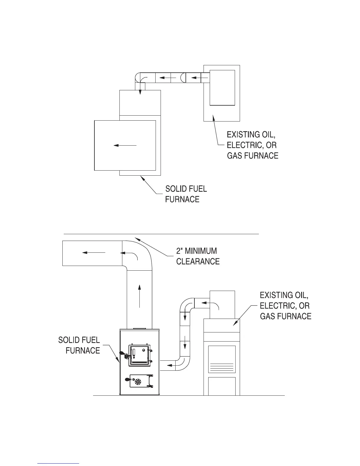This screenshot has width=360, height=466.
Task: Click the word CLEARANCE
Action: (x=198, y=261)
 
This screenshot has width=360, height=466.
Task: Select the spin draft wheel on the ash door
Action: (x=138, y=382)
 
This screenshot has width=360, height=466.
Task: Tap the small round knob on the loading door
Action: (x=144, y=350)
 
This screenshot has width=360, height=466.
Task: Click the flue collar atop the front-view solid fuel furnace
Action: (x=139, y=328)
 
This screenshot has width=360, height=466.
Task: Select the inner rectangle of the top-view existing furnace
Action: (x=222, y=87)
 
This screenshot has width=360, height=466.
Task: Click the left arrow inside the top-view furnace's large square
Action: (x=125, y=145)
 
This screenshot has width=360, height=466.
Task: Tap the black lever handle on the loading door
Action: (x=121, y=353)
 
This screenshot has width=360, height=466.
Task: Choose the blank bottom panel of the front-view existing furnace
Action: (x=222, y=386)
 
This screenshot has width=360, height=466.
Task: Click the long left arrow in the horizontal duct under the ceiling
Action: (x=94, y=252)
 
